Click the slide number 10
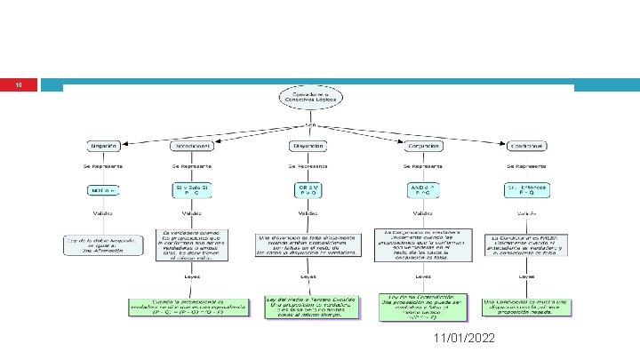tap(19, 85)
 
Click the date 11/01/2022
tap(466, 340)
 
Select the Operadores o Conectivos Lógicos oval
tap(307, 98)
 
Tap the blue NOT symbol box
tap(103, 190)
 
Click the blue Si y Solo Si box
tap(191, 189)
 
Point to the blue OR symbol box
tap(307, 189)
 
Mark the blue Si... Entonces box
tap(526, 189)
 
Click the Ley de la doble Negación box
tap(103, 245)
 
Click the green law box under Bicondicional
tap(190, 308)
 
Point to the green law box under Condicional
tap(527, 307)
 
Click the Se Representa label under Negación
tap(103, 165)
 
